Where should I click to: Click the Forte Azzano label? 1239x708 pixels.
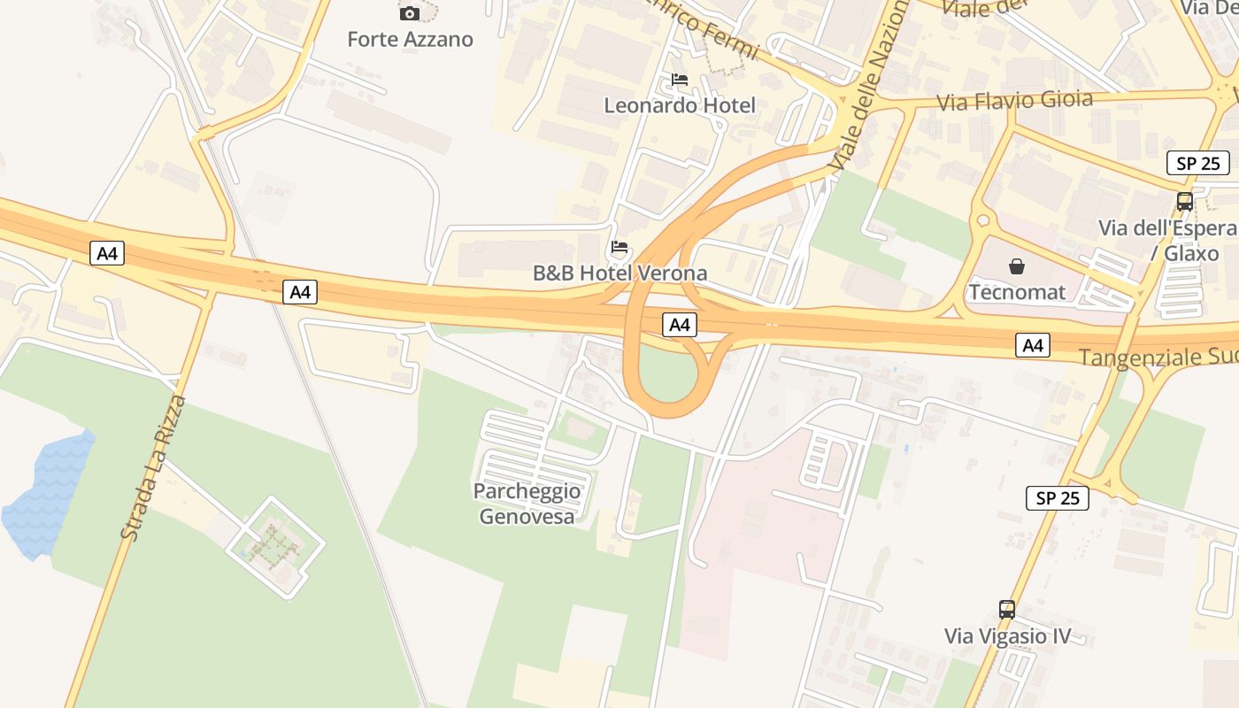click(410, 39)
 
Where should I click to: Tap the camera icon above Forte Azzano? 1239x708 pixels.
click(409, 13)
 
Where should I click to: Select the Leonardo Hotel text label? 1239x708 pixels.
click(680, 105)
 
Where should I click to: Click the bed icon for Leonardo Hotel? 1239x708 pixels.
click(680, 80)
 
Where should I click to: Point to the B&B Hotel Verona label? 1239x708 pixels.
click(619, 273)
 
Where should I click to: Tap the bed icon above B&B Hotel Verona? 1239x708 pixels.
click(619, 247)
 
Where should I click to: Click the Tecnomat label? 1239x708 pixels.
click(1017, 291)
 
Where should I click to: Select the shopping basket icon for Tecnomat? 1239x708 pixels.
click(1017, 265)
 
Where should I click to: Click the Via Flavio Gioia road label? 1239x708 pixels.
click(1014, 101)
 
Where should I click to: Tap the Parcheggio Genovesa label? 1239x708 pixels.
click(527, 504)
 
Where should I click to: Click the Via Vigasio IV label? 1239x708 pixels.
click(1007, 635)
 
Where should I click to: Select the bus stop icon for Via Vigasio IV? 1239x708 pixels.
click(1007, 609)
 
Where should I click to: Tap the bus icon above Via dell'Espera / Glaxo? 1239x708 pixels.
click(1184, 202)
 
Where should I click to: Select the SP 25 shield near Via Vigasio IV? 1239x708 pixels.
click(1058, 497)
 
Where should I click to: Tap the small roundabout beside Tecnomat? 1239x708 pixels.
click(981, 221)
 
